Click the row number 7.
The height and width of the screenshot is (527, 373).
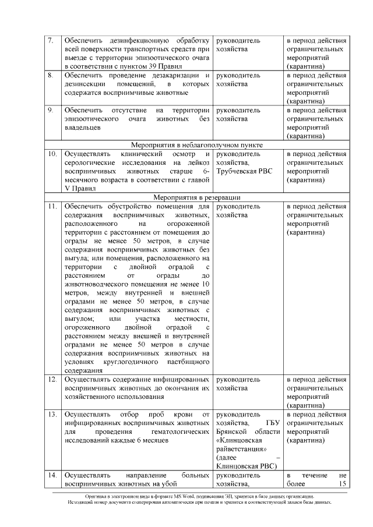(x=51, y=41)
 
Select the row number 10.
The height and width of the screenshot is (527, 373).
(x=52, y=154)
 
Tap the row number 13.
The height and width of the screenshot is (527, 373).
(x=52, y=415)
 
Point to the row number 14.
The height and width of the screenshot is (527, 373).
(x=52, y=476)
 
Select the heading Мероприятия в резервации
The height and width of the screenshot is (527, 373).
(x=196, y=197)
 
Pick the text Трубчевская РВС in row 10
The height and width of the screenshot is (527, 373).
(x=244, y=172)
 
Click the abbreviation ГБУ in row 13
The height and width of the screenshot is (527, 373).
(x=273, y=423)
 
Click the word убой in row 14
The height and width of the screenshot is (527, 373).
(x=182, y=484)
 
